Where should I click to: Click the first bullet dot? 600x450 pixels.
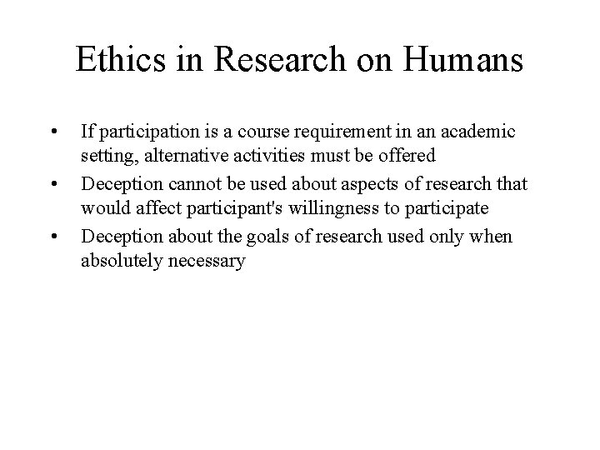click(x=53, y=132)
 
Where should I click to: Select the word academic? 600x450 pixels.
click(x=479, y=132)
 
